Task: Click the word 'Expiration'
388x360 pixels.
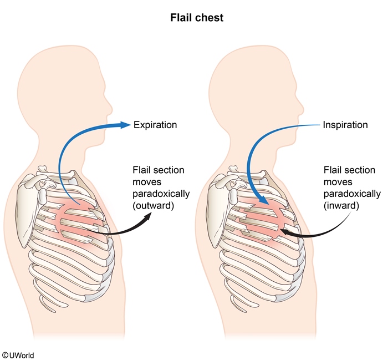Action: (155, 125)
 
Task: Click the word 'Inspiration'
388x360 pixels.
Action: (345, 125)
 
